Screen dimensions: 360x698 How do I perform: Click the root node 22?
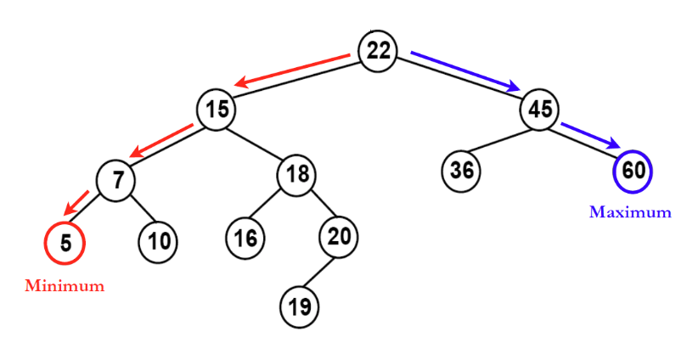coord(378,51)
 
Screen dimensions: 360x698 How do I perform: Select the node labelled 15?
coord(217,110)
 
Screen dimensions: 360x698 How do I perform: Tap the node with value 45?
coord(540,110)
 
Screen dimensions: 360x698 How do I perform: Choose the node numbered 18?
coord(296,176)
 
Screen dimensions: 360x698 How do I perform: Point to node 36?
coord(461,170)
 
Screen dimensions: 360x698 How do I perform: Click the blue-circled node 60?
coord(633,170)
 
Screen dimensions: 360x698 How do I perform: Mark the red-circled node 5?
coord(65,242)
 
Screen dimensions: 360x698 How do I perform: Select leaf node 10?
coord(158,241)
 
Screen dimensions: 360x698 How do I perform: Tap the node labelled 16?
coord(245,237)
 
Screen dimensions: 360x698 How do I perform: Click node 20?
coord(339,237)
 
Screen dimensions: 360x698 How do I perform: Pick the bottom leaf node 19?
coord(300,306)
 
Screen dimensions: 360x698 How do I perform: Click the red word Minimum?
coord(65,286)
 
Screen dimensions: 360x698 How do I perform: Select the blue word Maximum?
coord(630,212)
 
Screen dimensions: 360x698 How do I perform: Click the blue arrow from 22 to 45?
coord(465,70)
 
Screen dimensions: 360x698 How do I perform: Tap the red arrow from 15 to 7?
coord(161,141)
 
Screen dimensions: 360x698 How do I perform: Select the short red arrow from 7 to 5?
coord(77,202)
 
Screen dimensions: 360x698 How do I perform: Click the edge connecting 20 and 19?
coord(319,271)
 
